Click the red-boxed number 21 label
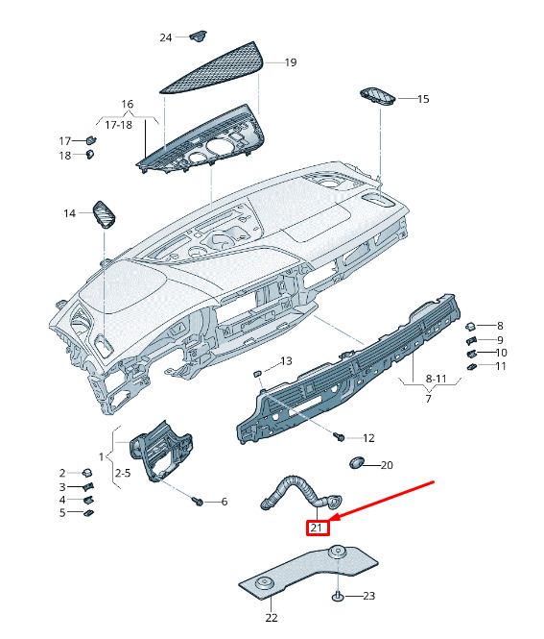pyautogui.click(x=318, y=528)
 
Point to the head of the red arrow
pyautogui.click(x=329, y=521)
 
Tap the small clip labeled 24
pyautogui.click(x=199, y=36)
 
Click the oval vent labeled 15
pyautogui.click(x=378, y=96)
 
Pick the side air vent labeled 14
pyautogui.click(x=105, y=214)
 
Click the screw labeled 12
pyautogui.click(x=339, y=437)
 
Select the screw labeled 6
pyautogui.click(x=199, y=501)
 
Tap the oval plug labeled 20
pyautogui.click(x=357, y=462)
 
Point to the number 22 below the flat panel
pyautogui.click(x=272, y=618)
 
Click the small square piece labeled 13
pyautogui.click(x=257, y=373)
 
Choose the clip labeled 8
pyautogui.click(x=470, y=327)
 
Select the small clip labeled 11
pyautogui.click(x=472, y=367)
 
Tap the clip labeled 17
pyautogui.click(x=91, y=139)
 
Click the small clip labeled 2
pyautogui.click(x=87, y=473)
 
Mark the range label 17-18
pyautogui.click(x=118, y=125)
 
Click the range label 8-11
pyautogui.click(x=436, y=379)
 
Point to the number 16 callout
pyautogui.click(x=128, y=104)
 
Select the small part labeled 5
pyautogui.click(x=88, y=513)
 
